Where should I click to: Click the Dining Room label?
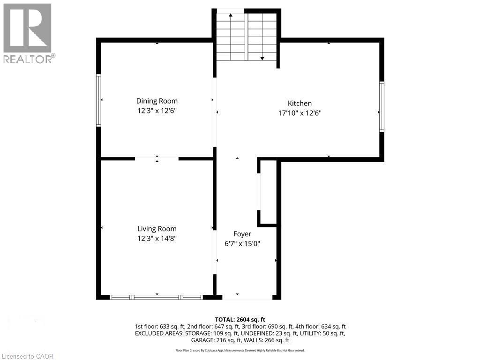(x=157, y=101)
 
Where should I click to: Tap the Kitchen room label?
(x=300, y=103)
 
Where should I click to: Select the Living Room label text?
(x=157, y=229)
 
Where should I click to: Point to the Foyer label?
(x=242, y=234)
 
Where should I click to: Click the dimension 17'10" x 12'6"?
(x=300, y=113)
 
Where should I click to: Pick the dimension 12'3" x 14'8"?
(x=157, y=238)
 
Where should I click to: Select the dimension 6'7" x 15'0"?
(x=242, y=243)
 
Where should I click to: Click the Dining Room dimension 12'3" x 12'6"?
(x=157, y=111)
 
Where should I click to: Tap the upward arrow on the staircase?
(x=231, y=16)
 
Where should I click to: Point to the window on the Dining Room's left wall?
(x=98, y=100)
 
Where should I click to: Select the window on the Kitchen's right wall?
(x=382, y=106)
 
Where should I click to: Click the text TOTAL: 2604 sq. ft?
(x=240, y=319)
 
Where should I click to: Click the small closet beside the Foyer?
(x=268, y=192)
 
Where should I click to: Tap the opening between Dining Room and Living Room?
(x=157, y=159)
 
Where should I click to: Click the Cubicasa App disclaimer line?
(x=240, y=350)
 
